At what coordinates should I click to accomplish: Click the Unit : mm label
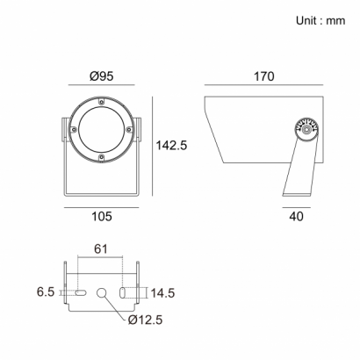point(320,21)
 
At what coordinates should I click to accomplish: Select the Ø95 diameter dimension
point(101,76)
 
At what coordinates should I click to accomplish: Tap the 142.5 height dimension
point(171,145)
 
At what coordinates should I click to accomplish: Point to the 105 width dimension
point(102,217)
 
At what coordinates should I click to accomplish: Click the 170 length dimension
point(263,76)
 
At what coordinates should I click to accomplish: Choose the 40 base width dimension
point(296,217)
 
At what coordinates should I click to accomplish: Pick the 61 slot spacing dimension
point(101,248)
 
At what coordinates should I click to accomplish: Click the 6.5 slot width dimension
point(46,292)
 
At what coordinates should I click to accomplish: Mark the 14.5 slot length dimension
point(162,293)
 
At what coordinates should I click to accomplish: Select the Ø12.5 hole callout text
point(145,320)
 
